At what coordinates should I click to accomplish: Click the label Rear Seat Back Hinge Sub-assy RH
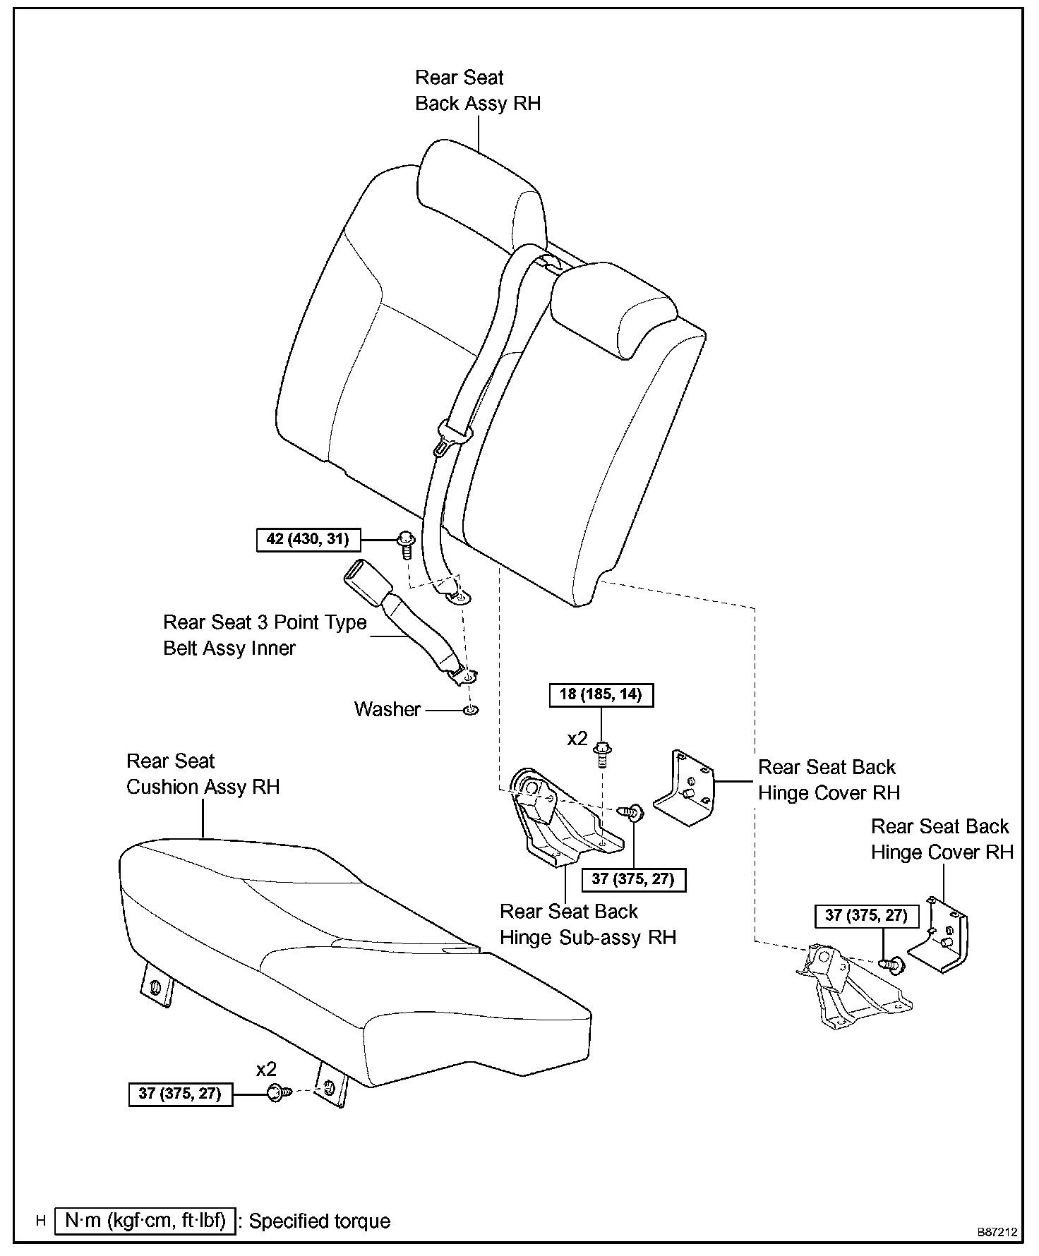(587, 924)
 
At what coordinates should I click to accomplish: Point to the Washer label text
(388, 709)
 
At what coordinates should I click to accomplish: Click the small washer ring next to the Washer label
(470, 709)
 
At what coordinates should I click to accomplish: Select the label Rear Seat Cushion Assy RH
(203, 774)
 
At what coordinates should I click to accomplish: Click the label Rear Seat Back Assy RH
(477, 90)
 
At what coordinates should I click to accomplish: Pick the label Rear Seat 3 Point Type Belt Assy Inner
(265, 635)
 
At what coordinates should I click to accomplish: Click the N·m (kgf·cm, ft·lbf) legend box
(144, 1221)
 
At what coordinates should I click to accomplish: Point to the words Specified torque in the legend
(320, 1221)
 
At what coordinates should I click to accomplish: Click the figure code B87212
(997, 1232)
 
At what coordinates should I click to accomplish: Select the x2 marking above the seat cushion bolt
(266, 1069)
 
